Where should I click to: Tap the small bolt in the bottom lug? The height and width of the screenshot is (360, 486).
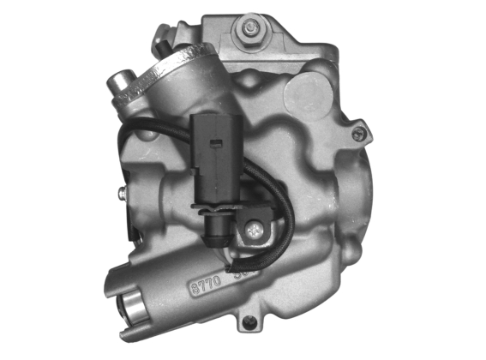tap(249, 322)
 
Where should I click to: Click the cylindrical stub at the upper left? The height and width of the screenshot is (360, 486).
tap(122, 84)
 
